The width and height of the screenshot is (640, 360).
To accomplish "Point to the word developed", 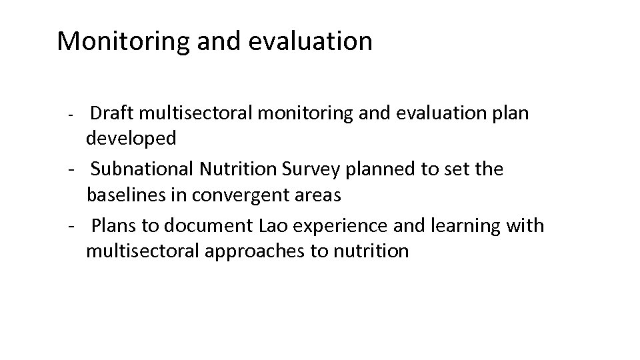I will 131,139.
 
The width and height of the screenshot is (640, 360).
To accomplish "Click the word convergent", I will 247,196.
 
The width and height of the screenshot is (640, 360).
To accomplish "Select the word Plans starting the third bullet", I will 111,225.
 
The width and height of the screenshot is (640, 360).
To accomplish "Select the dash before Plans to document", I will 71,227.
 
